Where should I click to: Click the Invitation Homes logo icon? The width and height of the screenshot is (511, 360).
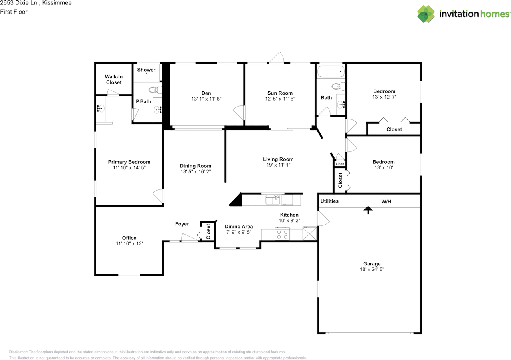pos(426,14)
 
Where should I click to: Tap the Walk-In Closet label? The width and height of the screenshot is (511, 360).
pos(113,79)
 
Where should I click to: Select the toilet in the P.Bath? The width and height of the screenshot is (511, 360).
pos(154,89)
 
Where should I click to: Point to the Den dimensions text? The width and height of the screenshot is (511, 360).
pos(206,99)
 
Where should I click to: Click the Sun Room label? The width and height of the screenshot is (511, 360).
pos(280,93)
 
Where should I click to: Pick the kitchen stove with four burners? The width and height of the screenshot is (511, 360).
pos(282,234)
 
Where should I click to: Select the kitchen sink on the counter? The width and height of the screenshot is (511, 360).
pos(274,199)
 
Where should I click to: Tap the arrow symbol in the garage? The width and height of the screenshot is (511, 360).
pos(368,209)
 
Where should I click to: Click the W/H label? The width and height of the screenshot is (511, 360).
pos(386,201)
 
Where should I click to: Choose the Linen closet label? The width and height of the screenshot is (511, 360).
pos(340,164)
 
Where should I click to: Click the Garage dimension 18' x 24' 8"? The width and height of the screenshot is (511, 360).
pos(372,269)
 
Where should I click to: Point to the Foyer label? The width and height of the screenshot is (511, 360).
pos(182,224)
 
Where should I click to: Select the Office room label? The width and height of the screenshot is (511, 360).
pos(129,238)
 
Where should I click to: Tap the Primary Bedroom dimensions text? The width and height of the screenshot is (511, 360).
pos(129,168)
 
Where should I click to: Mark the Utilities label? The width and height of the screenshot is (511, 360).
pos(329,201)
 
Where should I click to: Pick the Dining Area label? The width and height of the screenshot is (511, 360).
pos(239,226)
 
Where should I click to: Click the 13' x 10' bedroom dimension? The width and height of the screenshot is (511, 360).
pos(383,168)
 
